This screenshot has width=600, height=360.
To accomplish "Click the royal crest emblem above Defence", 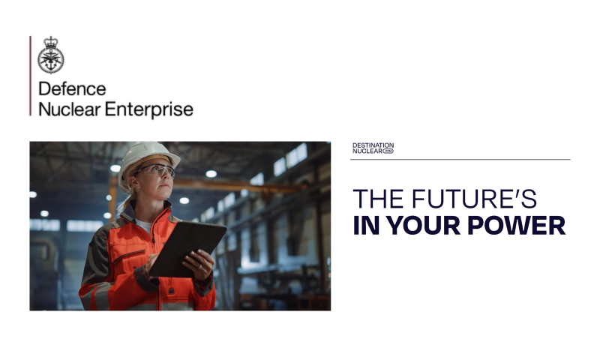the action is pyautogui.click(x=51, y=55).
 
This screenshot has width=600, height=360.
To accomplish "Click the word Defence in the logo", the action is pyautogui.click(x=72, y=88).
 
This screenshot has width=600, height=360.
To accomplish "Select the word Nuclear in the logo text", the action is pyautogui.click(x=70, y=109).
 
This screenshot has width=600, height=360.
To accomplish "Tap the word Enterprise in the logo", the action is pyautogui.click(x=148, y=109).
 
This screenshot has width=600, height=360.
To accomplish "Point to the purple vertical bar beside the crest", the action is pyautogui.click(x=31, y=76).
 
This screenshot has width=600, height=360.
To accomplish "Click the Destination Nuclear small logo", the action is pyautogui.click(x=373, y=148).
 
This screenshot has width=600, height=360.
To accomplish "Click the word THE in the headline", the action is pyautogui.click(x=378, y=199).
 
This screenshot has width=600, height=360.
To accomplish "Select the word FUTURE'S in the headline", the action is pyautogui.click(x=474, y=199).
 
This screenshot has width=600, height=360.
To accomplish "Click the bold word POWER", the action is pyautogui.click(x=516, y=225).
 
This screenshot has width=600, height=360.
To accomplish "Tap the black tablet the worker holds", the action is pyautogui.click(x=187, y=249).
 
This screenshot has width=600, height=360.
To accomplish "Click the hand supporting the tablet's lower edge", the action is pyautogui.click(x=199, y=264).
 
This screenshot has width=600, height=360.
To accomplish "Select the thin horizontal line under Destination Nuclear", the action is pyautogui.click(x=460, y=159).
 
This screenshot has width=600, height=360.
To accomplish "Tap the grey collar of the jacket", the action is pyautogui.click(x=132, y=213).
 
